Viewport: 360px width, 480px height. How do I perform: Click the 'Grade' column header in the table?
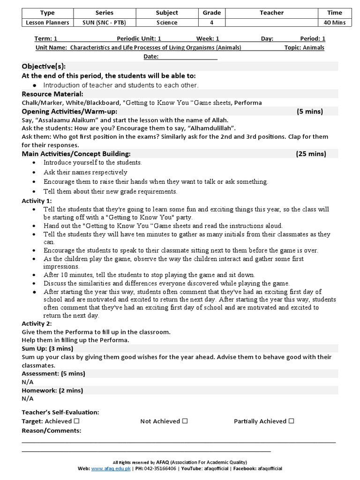click(x=212, y=13)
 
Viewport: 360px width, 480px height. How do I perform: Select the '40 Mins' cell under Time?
click(x=335, y=22)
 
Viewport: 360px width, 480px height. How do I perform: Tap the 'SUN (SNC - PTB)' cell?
click(x=104, y=22)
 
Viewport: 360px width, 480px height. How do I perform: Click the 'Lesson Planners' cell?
click(x=47, y=22)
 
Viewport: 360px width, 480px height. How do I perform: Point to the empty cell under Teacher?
click(x=271, y=22)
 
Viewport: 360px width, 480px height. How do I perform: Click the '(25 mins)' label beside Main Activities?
click(x=311, y=154)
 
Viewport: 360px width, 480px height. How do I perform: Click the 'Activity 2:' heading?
click(x=37, y=323)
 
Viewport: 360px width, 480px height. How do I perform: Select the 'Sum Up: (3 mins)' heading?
click(x=47, y=348)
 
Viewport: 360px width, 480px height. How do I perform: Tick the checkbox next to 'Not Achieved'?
click(x=185, y=421)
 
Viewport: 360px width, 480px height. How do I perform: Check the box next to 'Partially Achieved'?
click(x=292, y=421)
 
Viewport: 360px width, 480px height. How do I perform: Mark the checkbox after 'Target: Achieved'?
click(x=76, y=421)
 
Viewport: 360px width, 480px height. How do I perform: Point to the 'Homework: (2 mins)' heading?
click(x=52, y=390)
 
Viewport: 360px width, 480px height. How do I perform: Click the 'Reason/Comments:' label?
click(x=52, y=430)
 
